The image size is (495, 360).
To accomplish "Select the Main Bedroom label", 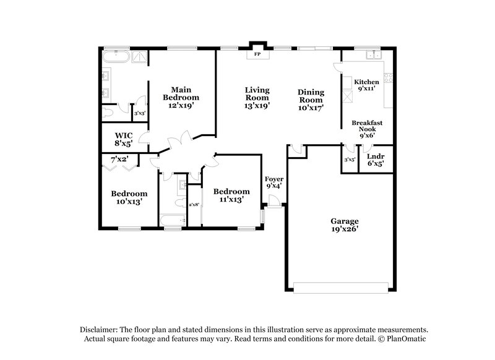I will tap(181, 98).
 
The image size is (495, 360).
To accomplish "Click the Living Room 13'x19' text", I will tap(256, 98).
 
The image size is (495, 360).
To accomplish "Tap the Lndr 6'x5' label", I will tap(376, 160).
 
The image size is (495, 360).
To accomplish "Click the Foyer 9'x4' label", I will tap(273, 183).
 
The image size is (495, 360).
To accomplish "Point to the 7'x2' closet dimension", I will tap(120, 160).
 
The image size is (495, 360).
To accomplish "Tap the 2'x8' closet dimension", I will tap(194, 204).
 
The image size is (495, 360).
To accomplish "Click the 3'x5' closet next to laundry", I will tap(350, 160).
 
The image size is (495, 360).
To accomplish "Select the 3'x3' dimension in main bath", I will tap(140, 113).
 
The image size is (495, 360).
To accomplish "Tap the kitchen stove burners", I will tap(389, 79).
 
